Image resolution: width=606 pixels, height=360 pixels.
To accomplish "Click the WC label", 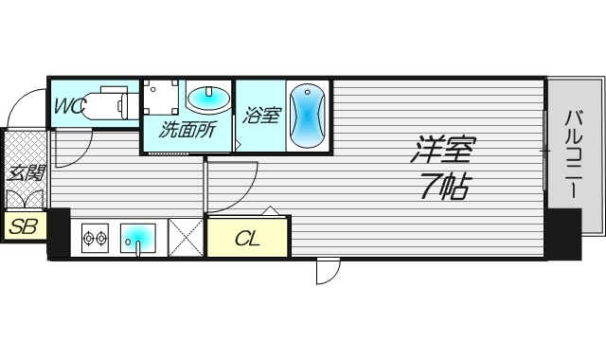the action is [x=69, y=106].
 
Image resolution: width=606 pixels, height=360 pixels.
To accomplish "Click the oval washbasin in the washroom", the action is [x=207, y=98].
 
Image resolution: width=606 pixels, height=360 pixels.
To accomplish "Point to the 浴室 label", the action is [x=261, y=117].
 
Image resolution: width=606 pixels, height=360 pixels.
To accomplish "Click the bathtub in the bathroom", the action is [x=308, y=116].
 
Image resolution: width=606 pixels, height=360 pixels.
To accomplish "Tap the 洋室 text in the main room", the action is [x=442, y=150].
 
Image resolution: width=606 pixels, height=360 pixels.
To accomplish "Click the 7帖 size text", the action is [x=443, y=187].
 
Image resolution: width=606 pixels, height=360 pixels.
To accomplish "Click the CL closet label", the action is [x=247, y=239].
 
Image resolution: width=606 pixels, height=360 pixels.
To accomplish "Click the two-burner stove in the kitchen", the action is [x=96, y=238].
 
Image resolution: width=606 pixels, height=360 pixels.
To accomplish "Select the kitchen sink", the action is [x=140, y=237].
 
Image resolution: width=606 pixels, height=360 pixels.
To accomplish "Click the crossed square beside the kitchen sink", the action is [x=187, y=237].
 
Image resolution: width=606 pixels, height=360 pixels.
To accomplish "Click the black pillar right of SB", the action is [x=58, y=232].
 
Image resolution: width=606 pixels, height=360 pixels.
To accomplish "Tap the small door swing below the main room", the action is [x=327, y=271].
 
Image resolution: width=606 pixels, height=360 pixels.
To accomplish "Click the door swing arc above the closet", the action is [x=233, y=187].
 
